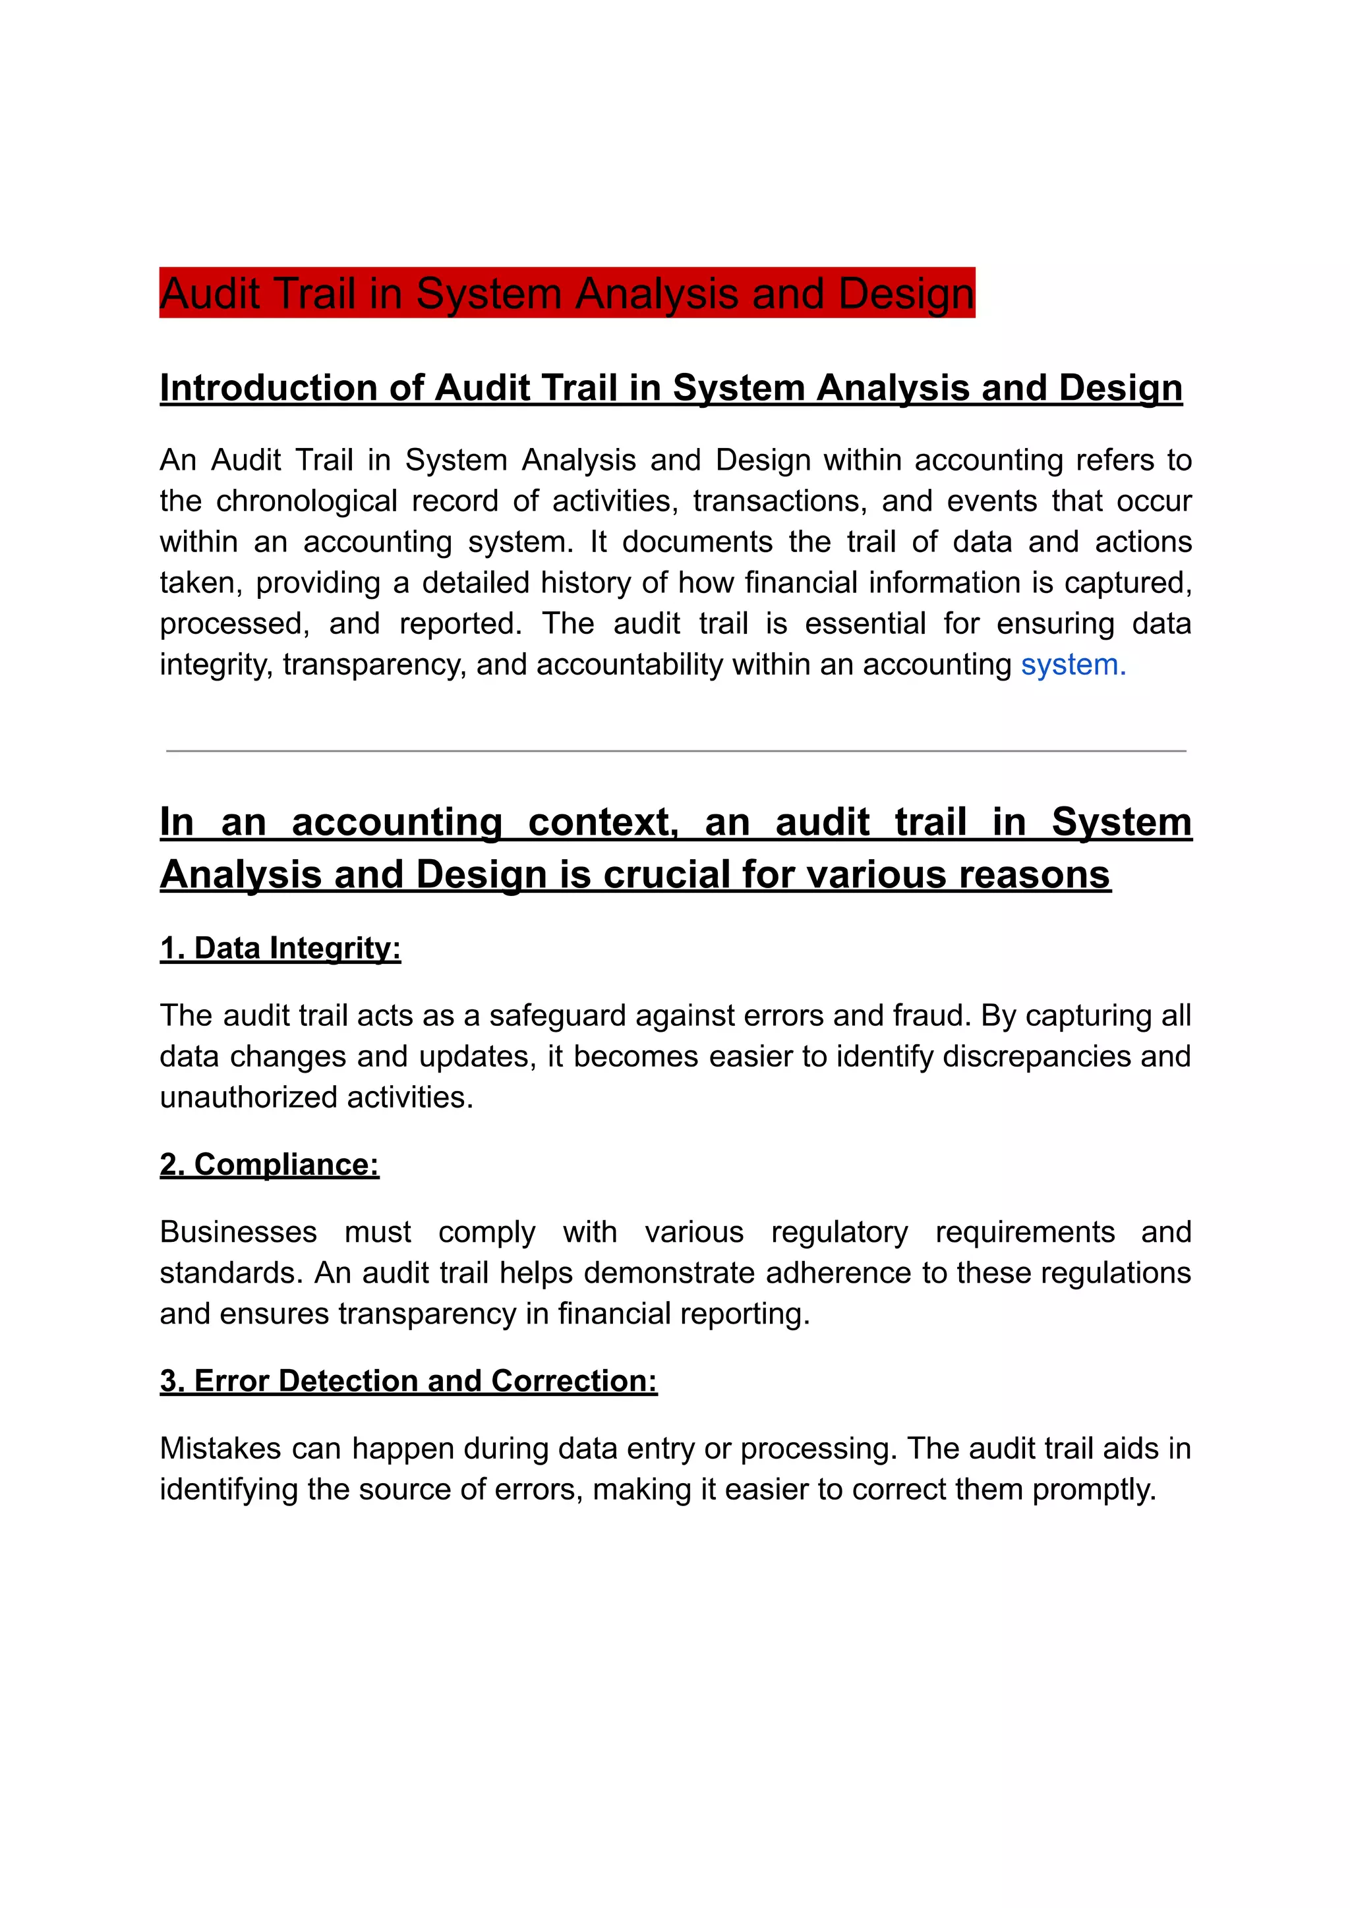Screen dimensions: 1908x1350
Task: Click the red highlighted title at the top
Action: point(567,293)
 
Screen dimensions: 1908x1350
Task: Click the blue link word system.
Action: point(1072,665)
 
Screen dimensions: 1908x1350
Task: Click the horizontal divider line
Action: point(675,750)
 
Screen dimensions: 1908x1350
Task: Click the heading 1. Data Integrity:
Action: point(280,948)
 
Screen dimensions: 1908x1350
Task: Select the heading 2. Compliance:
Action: point(270,1164)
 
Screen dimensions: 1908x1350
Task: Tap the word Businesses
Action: point(238,1231)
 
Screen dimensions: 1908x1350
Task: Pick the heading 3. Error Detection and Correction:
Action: point(408,1380)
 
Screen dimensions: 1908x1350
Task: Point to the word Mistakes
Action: point(220,1448)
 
